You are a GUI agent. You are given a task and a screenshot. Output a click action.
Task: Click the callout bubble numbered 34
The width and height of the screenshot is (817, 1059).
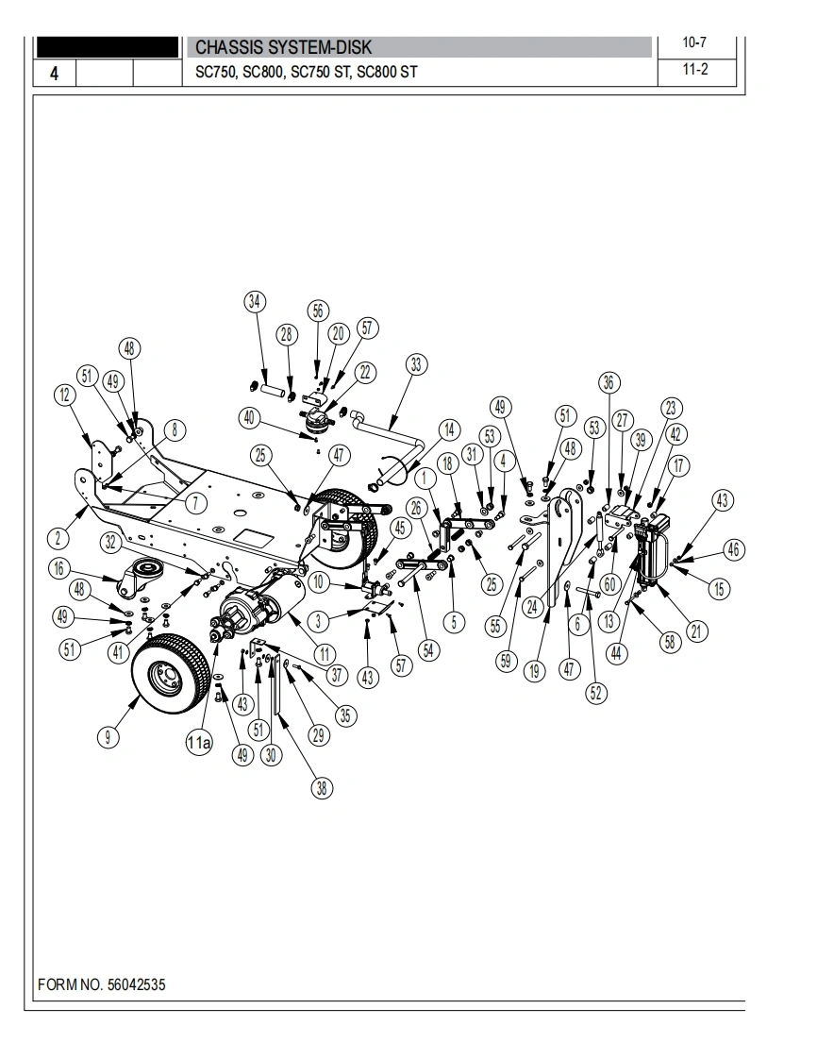(x=254, y=301)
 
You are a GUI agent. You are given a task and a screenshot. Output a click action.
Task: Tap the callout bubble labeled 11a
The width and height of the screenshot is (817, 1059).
(x=198, y=744)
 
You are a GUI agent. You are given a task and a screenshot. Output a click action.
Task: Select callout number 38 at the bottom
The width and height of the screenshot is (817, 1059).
(x=322, y=787)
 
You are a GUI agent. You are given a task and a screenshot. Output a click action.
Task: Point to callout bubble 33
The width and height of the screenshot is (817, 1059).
(x=416, y=364)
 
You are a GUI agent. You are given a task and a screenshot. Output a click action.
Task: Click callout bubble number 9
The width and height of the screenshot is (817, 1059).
(x=108, y=736)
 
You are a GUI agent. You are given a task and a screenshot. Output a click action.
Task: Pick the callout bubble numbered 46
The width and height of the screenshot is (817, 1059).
(x=733, y=549)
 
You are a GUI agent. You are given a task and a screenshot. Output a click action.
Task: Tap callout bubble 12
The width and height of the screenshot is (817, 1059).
(x=65, y=395)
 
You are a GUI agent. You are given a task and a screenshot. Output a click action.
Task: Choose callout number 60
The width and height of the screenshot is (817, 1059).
(x=609, y=583)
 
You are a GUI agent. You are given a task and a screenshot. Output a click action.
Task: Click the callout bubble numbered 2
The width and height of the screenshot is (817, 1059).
(x=58, y=538)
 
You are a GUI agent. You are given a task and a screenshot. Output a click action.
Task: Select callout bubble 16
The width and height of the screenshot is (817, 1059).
(x=59, y=569)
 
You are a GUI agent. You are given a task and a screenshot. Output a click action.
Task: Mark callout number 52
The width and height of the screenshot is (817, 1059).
(x=595, y=693)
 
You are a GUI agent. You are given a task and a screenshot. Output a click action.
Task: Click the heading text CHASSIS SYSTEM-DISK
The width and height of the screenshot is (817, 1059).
(x=284, y=47)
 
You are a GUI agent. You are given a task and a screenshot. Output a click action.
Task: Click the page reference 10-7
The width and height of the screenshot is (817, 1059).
(x=694, y=42)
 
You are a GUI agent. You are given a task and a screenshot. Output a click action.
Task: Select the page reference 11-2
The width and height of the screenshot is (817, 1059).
(x=694, y=70)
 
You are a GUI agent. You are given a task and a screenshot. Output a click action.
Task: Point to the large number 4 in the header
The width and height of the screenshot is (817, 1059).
(x=54, y=73)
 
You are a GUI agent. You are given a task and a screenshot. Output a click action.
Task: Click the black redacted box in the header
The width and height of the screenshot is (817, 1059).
(x=108, y=47)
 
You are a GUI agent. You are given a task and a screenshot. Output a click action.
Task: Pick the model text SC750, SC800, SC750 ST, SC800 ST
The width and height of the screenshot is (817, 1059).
(x=307, y=72)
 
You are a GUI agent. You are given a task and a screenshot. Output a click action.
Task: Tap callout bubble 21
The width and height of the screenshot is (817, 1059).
(x=697, y=631)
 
